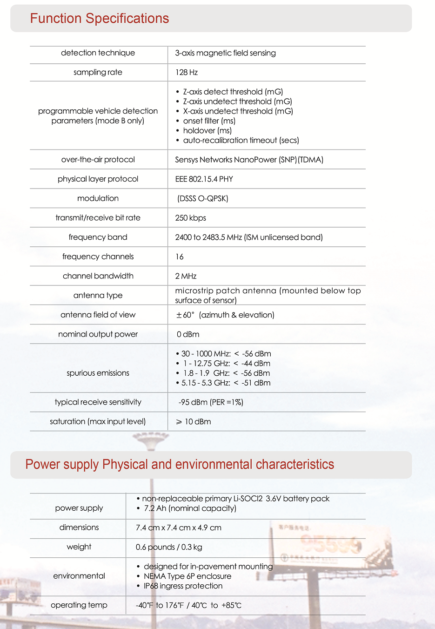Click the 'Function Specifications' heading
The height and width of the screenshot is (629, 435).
100,19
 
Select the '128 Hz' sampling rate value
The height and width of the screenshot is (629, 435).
187,73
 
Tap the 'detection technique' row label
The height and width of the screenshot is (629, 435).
98,53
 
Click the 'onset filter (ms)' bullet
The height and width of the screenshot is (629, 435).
209,121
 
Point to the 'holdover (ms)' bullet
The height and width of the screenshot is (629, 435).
207,131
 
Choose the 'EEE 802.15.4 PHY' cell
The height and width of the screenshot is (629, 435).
204,179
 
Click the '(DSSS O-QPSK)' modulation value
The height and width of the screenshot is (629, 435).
202,199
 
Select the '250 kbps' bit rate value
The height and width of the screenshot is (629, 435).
190,218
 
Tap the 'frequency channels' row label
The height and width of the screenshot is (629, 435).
98,257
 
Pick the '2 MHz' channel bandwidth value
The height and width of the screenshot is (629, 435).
186,276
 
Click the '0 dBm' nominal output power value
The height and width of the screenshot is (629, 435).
188,334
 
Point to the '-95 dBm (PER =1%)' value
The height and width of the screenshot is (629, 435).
211,402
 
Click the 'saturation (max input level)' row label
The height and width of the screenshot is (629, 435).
98,422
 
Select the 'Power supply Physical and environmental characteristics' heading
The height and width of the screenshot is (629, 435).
180,465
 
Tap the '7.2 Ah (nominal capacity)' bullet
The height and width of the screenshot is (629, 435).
190,508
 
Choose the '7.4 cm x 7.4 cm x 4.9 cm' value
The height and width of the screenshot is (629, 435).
179,528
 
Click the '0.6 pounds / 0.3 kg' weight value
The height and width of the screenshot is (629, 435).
169,547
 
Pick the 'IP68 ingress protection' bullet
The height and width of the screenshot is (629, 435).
183,586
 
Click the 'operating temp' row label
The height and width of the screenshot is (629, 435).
79,605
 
